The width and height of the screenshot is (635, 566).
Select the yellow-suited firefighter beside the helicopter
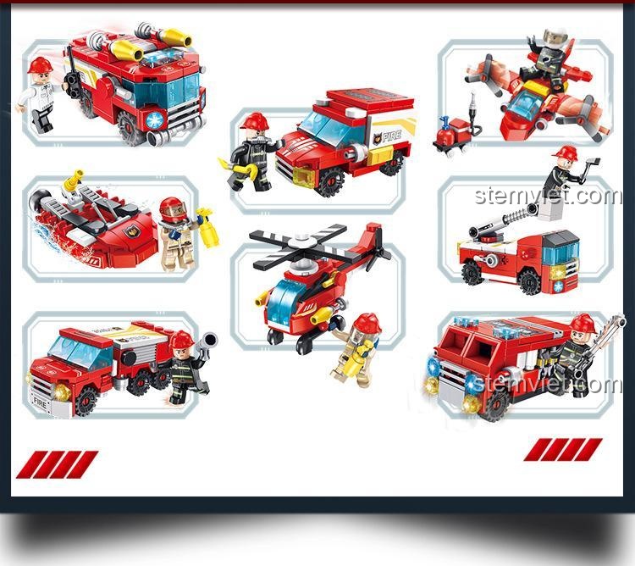pos(359,347)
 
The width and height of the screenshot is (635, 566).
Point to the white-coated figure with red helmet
pos(40,93)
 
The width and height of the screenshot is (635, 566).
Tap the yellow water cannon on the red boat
pos(73,180)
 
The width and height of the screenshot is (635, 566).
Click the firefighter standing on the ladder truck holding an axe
pos(562,174)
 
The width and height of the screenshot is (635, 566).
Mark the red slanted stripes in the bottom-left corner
pos(58,463)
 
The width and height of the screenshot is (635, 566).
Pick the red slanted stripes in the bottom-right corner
pos(563,449)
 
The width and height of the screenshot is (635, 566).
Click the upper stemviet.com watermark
pos(547,196)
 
